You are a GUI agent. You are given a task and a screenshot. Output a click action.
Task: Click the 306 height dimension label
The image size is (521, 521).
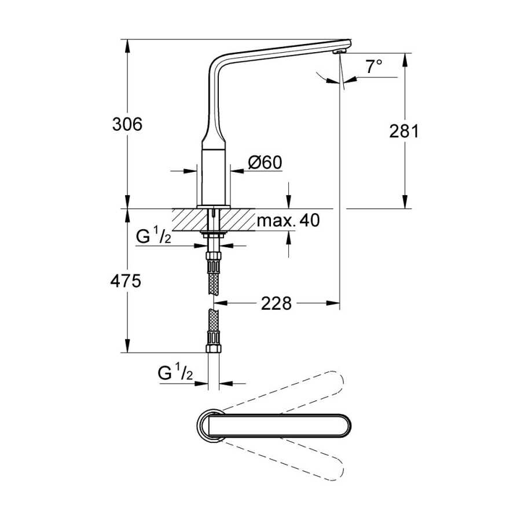(x=127, y=124)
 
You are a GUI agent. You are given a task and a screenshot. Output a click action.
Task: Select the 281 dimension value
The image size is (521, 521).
(x=404, y=131)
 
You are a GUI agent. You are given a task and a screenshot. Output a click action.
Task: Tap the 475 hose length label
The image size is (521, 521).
(x=126, y=281)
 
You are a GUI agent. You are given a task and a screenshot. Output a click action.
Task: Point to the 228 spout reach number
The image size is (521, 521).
(x=276, y=303)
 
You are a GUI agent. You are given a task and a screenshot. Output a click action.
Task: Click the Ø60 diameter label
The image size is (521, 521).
(x=265, y=163)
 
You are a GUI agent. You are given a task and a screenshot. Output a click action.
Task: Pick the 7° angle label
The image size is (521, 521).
(x=374, y=67)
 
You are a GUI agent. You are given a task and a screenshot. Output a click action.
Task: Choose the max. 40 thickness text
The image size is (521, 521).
(x=288, y=220)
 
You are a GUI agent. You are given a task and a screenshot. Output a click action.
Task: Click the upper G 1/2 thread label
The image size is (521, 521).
(x=153, y=236)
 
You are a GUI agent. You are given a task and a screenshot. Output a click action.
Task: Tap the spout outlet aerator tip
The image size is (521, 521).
(x=340, y=51)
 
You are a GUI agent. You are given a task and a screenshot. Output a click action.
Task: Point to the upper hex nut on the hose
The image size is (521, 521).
(x=213, y=257)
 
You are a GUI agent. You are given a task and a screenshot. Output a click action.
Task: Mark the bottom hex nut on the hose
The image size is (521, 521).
(x=213, y=348)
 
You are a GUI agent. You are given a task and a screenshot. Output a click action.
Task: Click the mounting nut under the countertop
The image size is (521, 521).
(x=213, y=233)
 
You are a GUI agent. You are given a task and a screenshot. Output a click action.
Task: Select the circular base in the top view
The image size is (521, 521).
(x=210, y=425)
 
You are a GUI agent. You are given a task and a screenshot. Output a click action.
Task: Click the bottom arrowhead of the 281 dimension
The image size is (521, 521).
(x=405, y=201)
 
